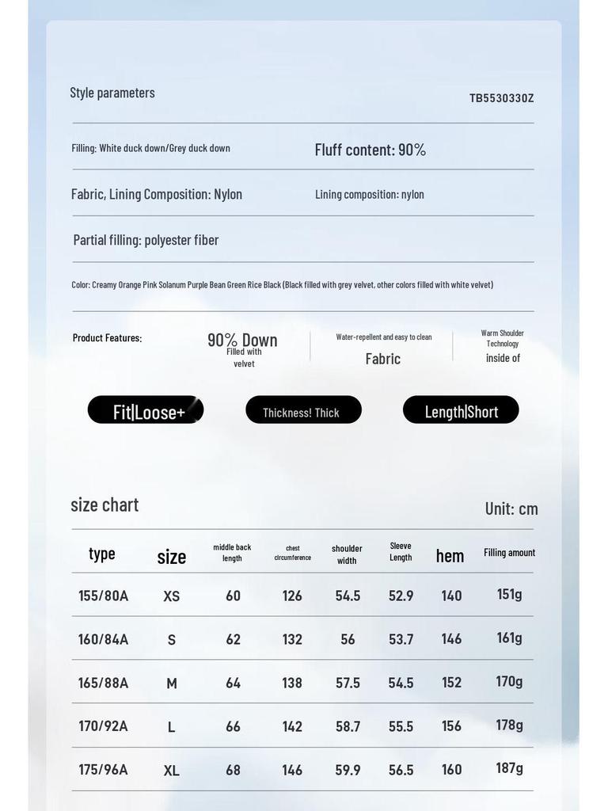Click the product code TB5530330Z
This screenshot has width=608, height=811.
coord(501,98)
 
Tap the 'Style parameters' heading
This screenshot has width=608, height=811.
coord(112,93)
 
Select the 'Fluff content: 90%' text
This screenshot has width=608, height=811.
coord(370,150)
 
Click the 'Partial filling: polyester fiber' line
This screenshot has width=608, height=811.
coord(146,240)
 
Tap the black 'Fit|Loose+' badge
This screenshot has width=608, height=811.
coord(146,410)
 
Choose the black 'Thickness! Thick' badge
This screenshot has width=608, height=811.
coord(303,410)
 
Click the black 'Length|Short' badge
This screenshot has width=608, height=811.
coord(461,410)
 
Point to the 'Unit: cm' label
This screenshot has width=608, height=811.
coord(511,508)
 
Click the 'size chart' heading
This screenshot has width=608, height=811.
coord(104,504)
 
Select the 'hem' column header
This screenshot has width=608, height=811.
coord(450,556)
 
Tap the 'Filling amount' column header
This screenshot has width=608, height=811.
coord(509,553)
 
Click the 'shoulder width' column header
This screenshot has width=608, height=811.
coord(347,554)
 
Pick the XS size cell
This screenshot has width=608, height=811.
coord(172,596)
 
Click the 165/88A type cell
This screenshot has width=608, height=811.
coord(103,683)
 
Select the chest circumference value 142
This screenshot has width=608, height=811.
coord(292,726)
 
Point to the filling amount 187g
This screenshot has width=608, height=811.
coord(509,768)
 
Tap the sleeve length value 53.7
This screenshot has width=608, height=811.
coord(401,639)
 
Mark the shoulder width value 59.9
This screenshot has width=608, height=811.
coord(348,770)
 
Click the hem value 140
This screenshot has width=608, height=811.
coord(451,596)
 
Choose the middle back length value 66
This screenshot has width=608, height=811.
coord(233,726)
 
